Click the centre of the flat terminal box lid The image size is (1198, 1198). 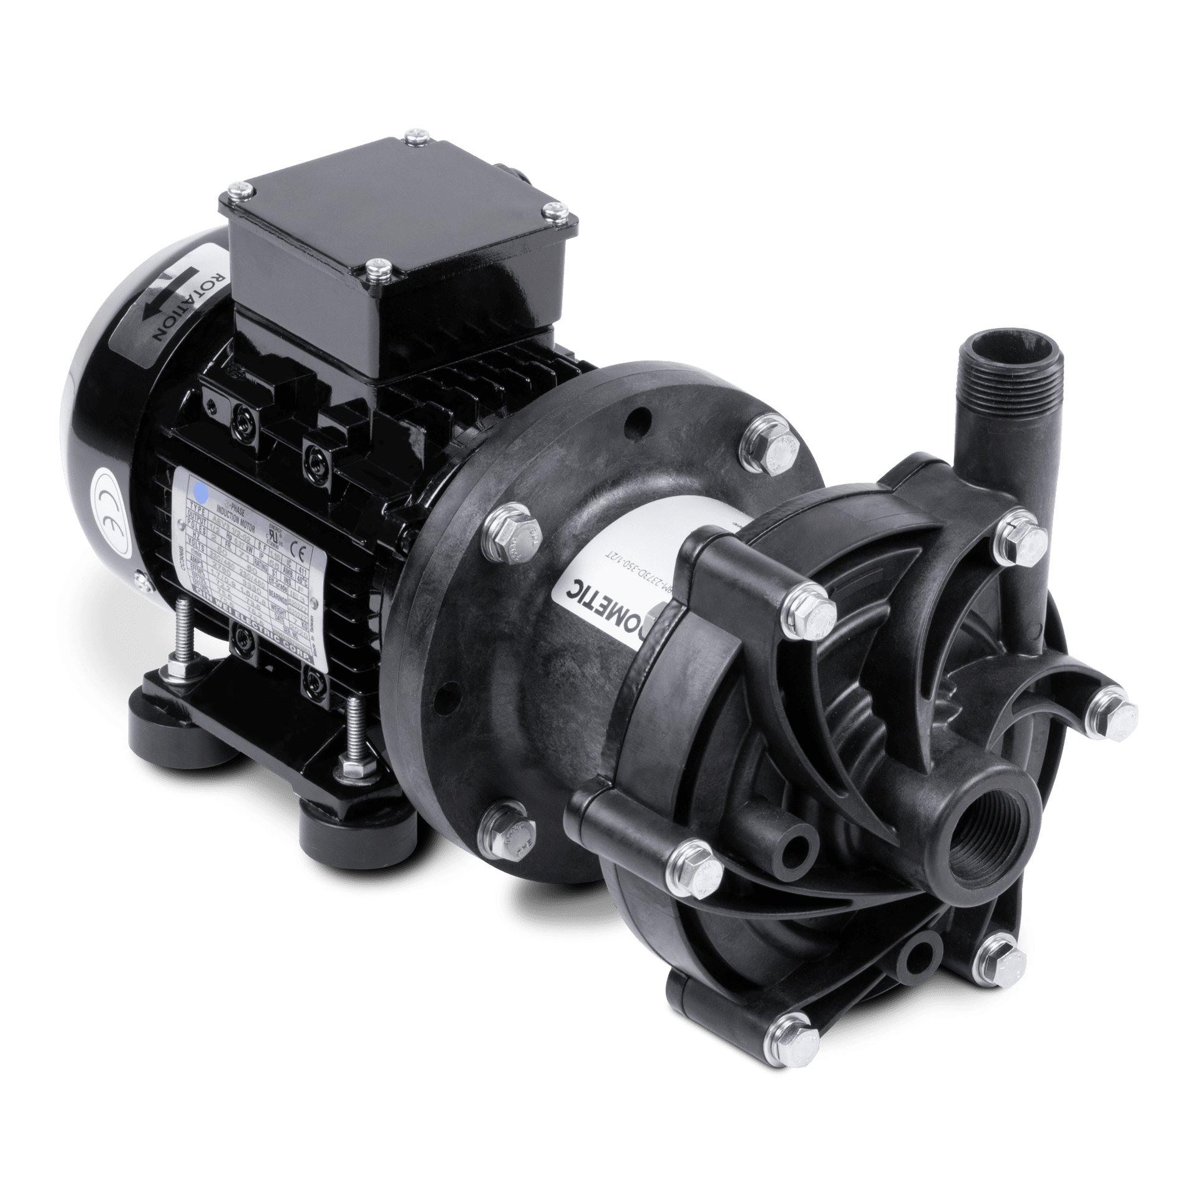pos(399,193)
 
